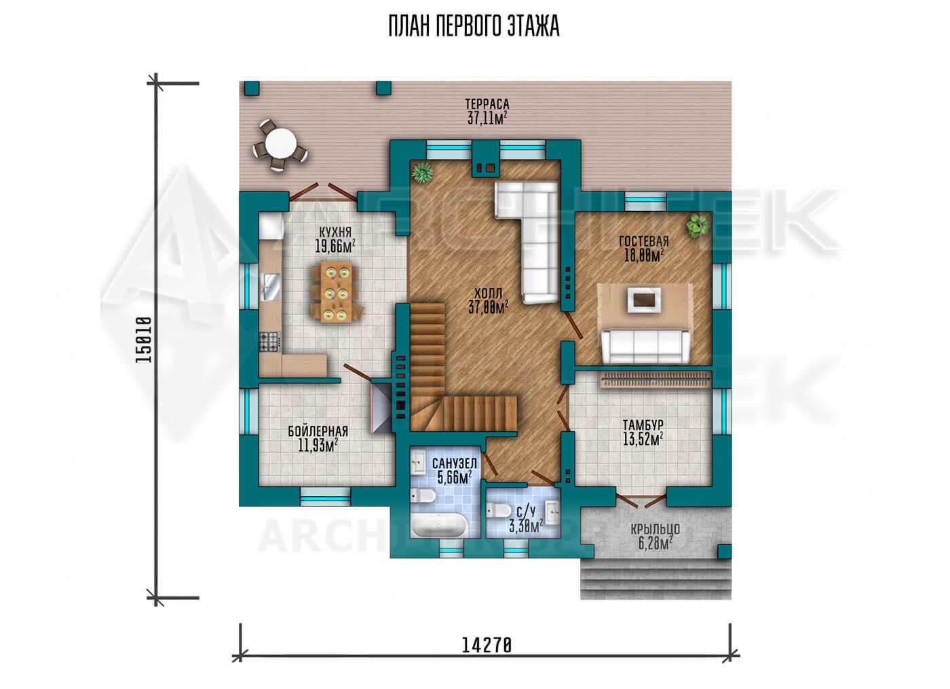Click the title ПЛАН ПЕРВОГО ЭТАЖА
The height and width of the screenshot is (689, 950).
pos(474,26)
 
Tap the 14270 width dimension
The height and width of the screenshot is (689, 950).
pos(487,658)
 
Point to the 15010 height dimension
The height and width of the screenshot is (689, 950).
pos(143,340)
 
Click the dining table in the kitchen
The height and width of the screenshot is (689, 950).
pos(337,292)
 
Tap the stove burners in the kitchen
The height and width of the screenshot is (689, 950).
pos(269,342)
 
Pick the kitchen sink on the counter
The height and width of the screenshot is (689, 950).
pos(270,287)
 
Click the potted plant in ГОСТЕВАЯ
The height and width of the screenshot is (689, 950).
pos(698,225)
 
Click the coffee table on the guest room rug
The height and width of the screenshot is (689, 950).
pos(644,300)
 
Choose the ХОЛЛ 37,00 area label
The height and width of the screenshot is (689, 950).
pos(488,300)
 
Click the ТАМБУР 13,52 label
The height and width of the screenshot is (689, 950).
pos(643,433)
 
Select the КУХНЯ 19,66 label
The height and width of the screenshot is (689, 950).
pos(335,240)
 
